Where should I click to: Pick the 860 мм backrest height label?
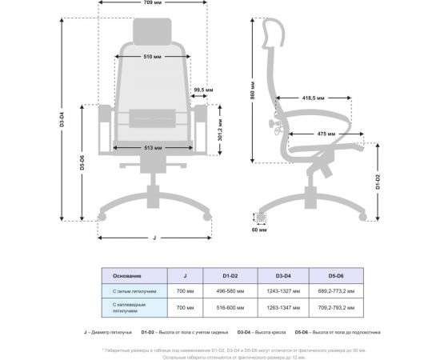[x=251, y=94]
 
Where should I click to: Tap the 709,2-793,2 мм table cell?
[x=331, y=307]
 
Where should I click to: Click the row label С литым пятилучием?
[x=128, y=291]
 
